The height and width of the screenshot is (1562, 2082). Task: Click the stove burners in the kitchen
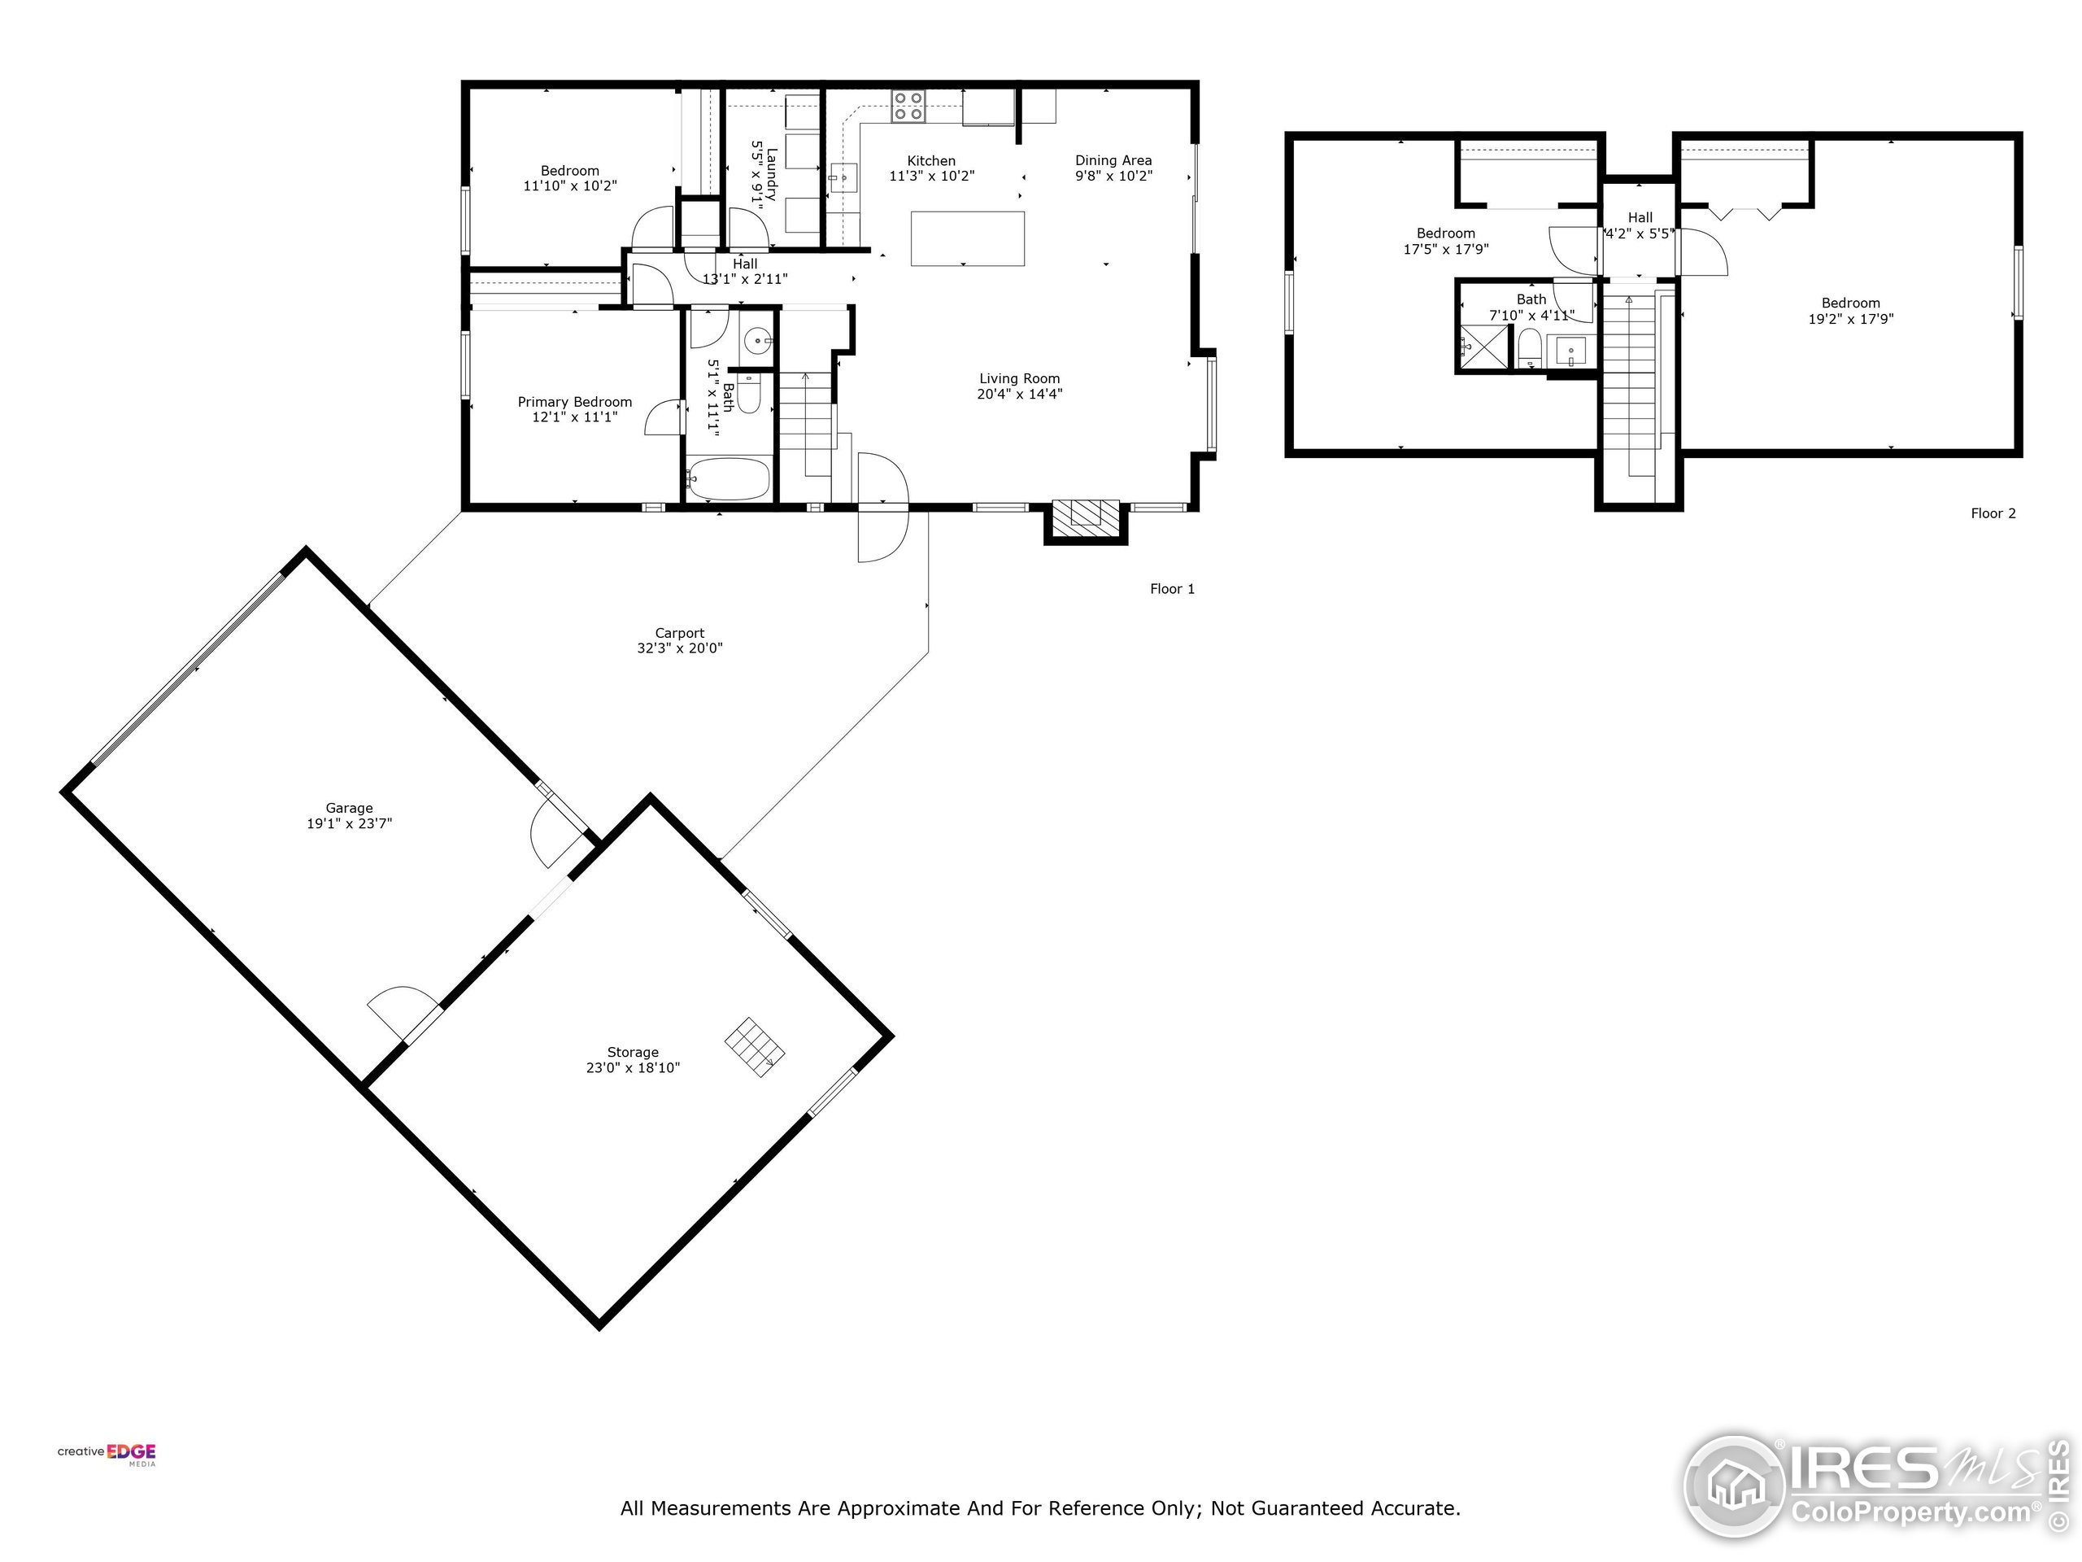(x=908, y=106)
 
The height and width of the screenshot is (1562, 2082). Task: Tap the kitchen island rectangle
(x=967, y=238)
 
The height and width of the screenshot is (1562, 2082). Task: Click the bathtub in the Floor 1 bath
(x=728, y=478)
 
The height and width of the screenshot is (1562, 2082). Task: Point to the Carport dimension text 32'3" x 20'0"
(x=680, y=648)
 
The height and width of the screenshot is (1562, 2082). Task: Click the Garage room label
(x=349, y=808)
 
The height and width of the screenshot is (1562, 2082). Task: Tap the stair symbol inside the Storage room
(x=755, y=1046)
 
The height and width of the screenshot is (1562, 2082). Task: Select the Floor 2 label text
(x=1993, y=513)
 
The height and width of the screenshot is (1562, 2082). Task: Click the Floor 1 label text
(x=1172, y=588)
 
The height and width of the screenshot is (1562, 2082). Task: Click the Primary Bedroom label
(x=574, y=402)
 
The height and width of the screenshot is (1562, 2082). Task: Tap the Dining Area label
(x=1113, y=160)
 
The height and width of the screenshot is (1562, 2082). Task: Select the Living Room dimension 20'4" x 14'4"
(x=1019, y=394)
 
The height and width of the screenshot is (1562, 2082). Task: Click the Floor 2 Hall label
(x=1640, y=217)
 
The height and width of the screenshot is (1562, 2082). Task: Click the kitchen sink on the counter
(x=843, y=175)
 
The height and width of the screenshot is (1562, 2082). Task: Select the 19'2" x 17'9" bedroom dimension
(x=1849, y=318)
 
